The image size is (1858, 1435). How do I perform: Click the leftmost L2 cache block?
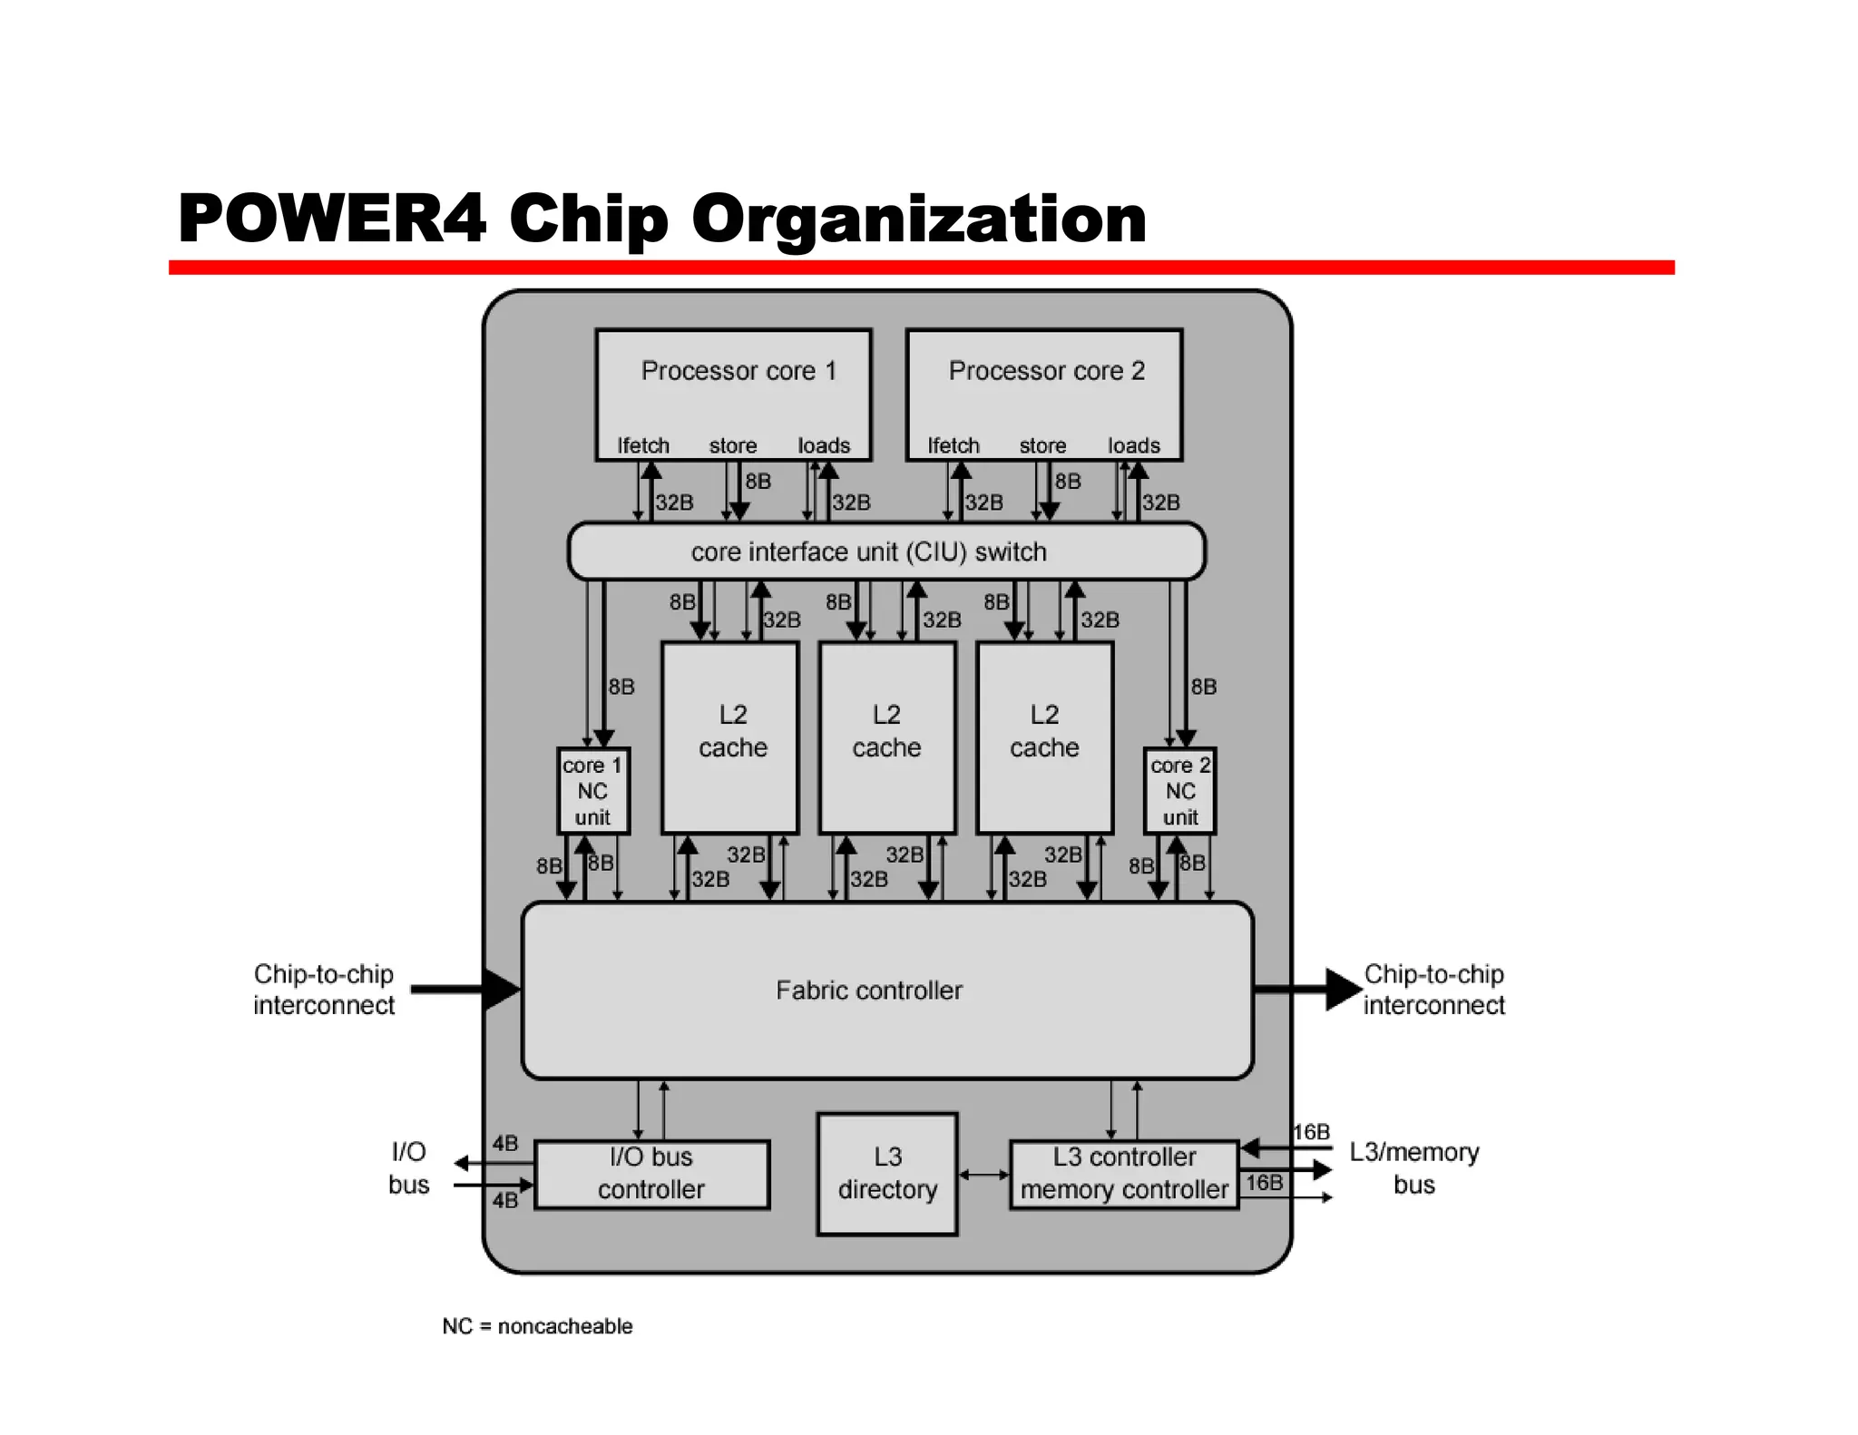pyautogui.click(x=730, y=737)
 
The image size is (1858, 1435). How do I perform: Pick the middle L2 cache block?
pyautogui.click(x=886, y=737)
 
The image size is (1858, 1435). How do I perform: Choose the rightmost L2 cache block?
pyautogui.click(x=1044, y=737)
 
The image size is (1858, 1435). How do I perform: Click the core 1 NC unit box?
pyautogui.click(x=592, y=791)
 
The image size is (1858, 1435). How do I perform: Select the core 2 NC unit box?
pyautogui.click(x=1179, y=791)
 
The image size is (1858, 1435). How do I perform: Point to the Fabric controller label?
pyautogui.click(x=868, y=991)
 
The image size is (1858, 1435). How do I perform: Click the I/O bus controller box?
pyautogui.click(x=651, y=1174)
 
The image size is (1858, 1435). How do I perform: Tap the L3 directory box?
pyautogui.click(x=886, y=1174)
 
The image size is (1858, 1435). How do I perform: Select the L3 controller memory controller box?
pyautogui.click(x=1124, y=1174)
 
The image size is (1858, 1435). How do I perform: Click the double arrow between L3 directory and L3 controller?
pyautogui.click(x=983, y=1175)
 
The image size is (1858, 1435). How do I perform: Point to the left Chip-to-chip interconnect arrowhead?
pyautogui.click(x=500, y=989)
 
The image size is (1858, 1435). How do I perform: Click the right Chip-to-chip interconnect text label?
pyautogui.click(x=1433, y=990)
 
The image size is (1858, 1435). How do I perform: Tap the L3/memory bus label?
pyautogui.click(x=1413, y=1168)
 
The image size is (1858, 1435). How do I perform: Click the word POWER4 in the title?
pyautogui.click(x=332, y=219)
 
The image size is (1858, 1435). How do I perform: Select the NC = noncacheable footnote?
pyautogui.click(x=537, y=1326)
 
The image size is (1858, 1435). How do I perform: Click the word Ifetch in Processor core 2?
pyautogui.click(x=953, y=445)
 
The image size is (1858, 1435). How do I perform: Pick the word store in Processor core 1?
pyautogui.click(x=732, y=445)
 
